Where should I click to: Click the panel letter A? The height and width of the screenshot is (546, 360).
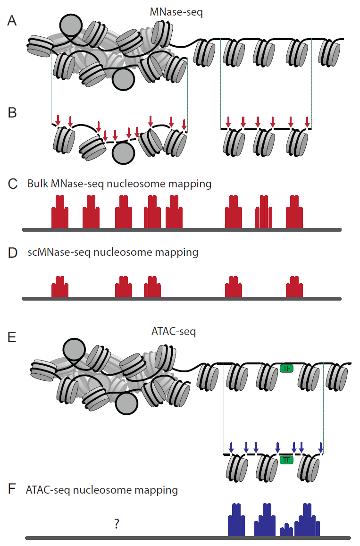[x=12, y=22]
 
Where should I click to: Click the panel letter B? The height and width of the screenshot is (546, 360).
[x=12, y=113]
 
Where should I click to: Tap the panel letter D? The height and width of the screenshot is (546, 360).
[x=13, y=252]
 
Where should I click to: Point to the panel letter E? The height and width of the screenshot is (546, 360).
[x=12, y=337]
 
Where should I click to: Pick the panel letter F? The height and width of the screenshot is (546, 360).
[x=12, y=489]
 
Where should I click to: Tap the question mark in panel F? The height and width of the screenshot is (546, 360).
[x=117, y=523]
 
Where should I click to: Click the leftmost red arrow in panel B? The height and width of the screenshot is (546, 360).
[x=58, y=120]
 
